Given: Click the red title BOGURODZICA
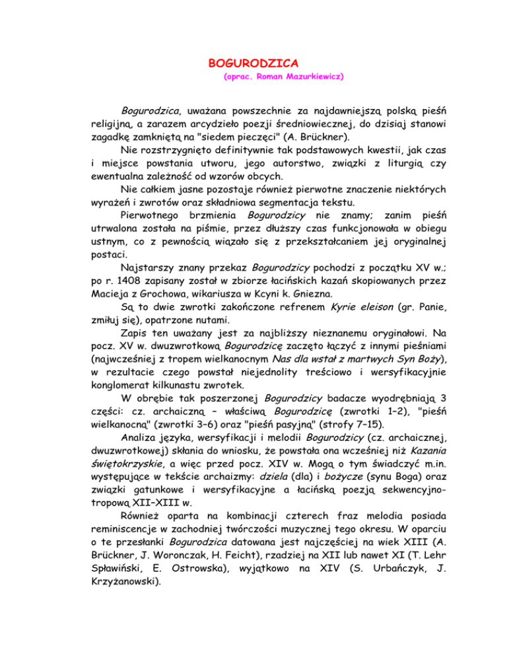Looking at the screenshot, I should pos(253,64).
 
